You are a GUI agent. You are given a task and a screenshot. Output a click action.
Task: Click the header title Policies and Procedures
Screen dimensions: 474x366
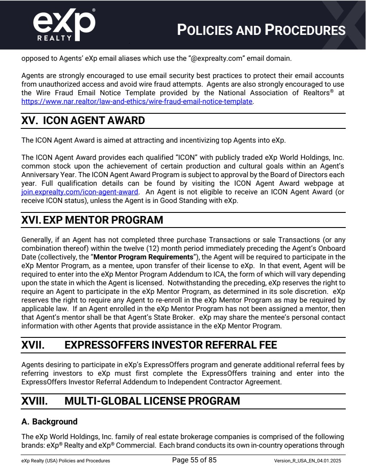[262, 30]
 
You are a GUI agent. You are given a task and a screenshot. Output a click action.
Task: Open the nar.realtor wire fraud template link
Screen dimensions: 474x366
[137, 102]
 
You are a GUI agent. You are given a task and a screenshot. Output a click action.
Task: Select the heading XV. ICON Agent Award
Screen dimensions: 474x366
[83, 121]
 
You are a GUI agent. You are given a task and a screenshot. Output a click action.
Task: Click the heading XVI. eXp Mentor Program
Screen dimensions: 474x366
[92, 220]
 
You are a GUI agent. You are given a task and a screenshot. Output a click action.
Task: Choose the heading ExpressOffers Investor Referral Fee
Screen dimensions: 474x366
[171, 345]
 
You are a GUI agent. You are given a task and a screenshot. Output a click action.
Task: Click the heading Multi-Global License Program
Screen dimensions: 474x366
[152, 401]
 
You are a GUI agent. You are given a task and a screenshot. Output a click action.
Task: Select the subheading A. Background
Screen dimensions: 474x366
[50, 421]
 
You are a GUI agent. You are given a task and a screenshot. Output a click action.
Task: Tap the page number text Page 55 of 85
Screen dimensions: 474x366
[194, 460]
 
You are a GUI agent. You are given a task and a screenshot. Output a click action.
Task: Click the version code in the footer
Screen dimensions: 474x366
[307, 461]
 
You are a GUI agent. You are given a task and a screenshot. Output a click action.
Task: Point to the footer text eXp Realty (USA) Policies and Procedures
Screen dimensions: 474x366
[66, 461]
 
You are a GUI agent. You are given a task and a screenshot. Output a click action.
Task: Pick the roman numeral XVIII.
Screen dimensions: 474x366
[35, 401]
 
